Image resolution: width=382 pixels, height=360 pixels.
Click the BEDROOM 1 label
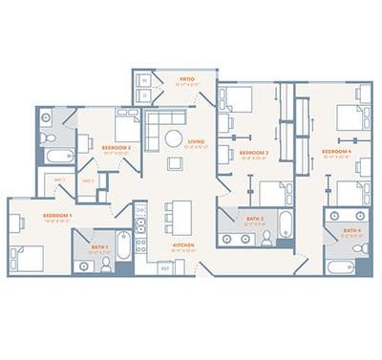pyautogui.click(x=57, y=215)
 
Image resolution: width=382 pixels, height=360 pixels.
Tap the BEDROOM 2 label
pyautogui.click(x=117, y=148)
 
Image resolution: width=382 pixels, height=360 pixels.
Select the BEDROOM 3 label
pyautogui.click(x=253, y=153)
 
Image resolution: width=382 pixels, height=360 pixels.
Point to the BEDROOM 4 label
pyautogui.click(x=336, y=152)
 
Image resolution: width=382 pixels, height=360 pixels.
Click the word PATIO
pyautogui.click(x=188, y=79)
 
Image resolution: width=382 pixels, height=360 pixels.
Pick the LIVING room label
pyautogui.click(x=196, y=142)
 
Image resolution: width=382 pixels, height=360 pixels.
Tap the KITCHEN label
pyautogui.click(x=184, y=244)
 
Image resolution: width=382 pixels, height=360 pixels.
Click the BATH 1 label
pyautogui.click(x=100, y=246)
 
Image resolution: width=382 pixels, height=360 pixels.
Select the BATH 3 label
pyautogui.click(x=255, y=219)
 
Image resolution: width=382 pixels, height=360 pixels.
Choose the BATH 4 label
pyautogui.click(x=352, y=230)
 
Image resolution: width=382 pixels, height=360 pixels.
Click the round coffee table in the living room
pyautogui.click(x=174, y=138)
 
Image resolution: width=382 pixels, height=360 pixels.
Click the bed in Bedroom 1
pyautogui.click(x=29, y=257)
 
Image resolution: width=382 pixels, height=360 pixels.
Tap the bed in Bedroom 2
pyautogui.click(x=127, y=126)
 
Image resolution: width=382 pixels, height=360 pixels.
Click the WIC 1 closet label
pyautogui.click(x=59, y=180)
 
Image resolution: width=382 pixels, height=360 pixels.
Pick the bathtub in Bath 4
pyautogui.click(x=341, y=265)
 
